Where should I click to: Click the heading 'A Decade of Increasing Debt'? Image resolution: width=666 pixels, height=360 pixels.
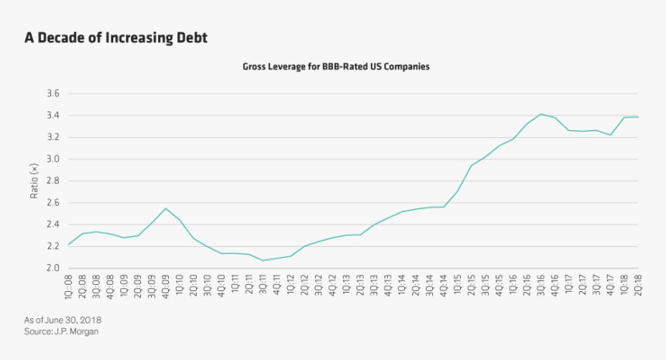(x=115, y=37)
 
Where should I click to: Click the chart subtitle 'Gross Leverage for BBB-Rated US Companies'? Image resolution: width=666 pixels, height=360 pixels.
(x=336, y=67)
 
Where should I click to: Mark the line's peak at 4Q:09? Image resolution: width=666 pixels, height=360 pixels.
(x=165, y=208)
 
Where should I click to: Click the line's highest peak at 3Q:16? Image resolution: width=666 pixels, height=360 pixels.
(x=541, y=114)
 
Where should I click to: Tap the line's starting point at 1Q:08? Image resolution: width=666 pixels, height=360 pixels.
(x=69, y=245)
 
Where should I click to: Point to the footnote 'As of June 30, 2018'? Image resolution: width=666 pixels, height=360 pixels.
(x=64, y=320)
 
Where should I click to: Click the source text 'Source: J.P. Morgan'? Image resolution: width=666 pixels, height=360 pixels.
(x=62, y=331)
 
